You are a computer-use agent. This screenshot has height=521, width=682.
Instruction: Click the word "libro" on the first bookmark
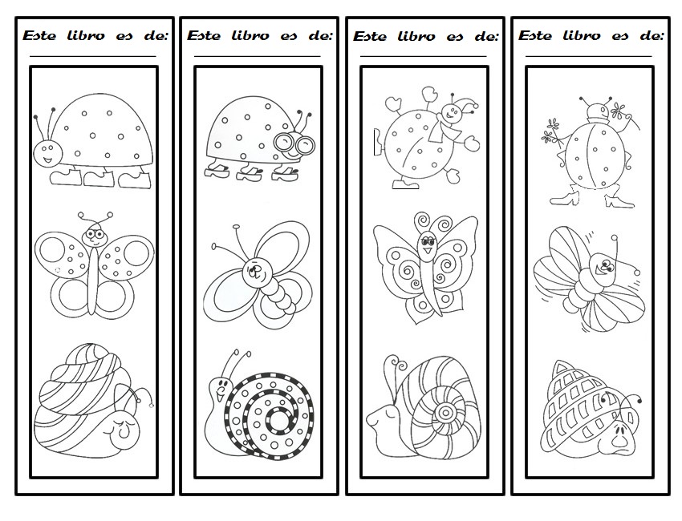pos(86,35)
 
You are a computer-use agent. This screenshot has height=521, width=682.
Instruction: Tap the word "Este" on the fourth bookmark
pos(534,35)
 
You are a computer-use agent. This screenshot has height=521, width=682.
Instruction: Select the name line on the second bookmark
pos(257,56)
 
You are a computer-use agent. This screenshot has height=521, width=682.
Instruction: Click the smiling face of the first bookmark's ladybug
pos(47,153)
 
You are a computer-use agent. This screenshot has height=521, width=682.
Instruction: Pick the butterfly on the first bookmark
pos(94,265)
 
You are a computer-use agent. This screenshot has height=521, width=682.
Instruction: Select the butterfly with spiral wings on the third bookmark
pos(425,268)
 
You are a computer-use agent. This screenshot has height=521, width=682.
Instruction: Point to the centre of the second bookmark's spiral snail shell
pos(278,419)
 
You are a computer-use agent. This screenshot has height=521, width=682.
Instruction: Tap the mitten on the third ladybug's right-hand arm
pos(472,143)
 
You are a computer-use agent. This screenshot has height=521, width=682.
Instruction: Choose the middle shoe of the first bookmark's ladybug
pos(99,178)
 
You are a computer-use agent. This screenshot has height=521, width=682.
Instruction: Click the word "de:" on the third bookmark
pos(486,37)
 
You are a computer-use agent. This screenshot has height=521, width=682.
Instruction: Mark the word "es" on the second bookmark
pos(289,36)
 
